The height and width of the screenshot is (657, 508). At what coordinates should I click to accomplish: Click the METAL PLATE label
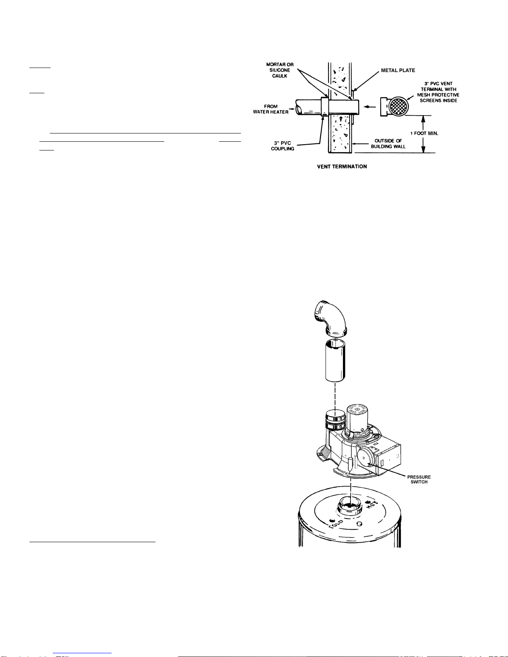pos(398,70)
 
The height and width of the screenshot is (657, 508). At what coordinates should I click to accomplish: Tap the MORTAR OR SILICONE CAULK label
pos(280,70)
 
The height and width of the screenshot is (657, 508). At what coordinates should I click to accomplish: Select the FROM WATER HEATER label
pos(270,109)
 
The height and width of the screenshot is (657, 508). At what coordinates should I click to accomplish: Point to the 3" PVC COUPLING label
pos(282,146)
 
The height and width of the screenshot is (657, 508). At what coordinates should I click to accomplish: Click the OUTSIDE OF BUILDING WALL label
pos(388,143)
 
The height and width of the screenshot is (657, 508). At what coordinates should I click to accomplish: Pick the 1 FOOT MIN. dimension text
pos(424,133)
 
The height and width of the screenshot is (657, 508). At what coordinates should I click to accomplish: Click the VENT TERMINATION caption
pos(342,167)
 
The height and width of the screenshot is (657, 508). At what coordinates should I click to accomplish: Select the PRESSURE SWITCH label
pos(419,479)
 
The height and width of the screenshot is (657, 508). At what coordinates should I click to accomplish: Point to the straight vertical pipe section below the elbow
pos(335,361)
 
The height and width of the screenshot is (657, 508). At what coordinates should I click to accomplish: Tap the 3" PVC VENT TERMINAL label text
pos(438,92)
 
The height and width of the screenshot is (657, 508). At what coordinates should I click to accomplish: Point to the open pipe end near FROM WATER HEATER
pos(299,107)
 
